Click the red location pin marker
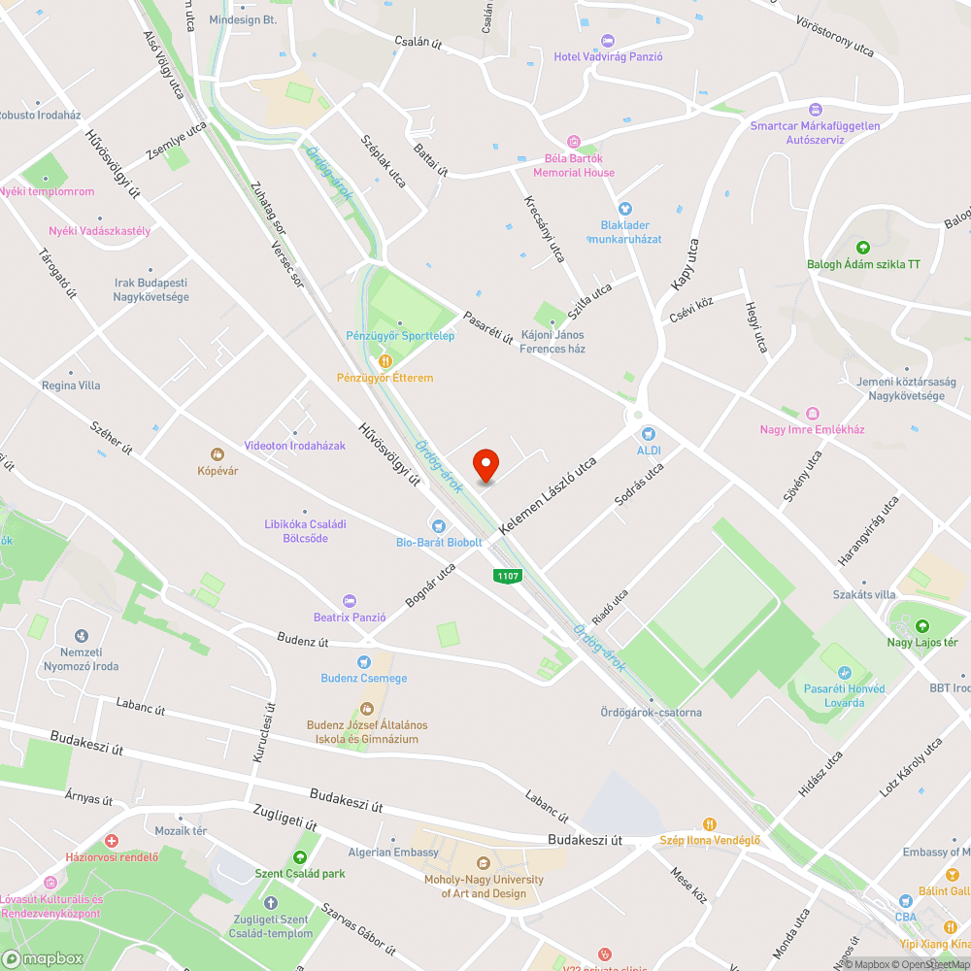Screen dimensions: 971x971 485,465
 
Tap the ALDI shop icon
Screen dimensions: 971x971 649,434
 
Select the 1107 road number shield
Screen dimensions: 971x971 508,576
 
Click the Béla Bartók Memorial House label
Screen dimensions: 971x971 573,165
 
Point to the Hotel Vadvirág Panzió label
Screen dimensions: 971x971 608,56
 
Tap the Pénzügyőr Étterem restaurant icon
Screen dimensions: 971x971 385,361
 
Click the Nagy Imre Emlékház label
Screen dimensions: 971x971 812,429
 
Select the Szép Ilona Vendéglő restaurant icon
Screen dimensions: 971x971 709,824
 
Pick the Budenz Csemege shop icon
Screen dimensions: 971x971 364,661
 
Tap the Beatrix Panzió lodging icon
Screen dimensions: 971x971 350,601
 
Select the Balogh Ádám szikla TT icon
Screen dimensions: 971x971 863,248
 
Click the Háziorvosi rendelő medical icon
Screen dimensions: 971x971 112,840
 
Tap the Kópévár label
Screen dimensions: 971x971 218,471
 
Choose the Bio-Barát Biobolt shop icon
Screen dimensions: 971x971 438,525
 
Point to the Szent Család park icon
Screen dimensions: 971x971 299,857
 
